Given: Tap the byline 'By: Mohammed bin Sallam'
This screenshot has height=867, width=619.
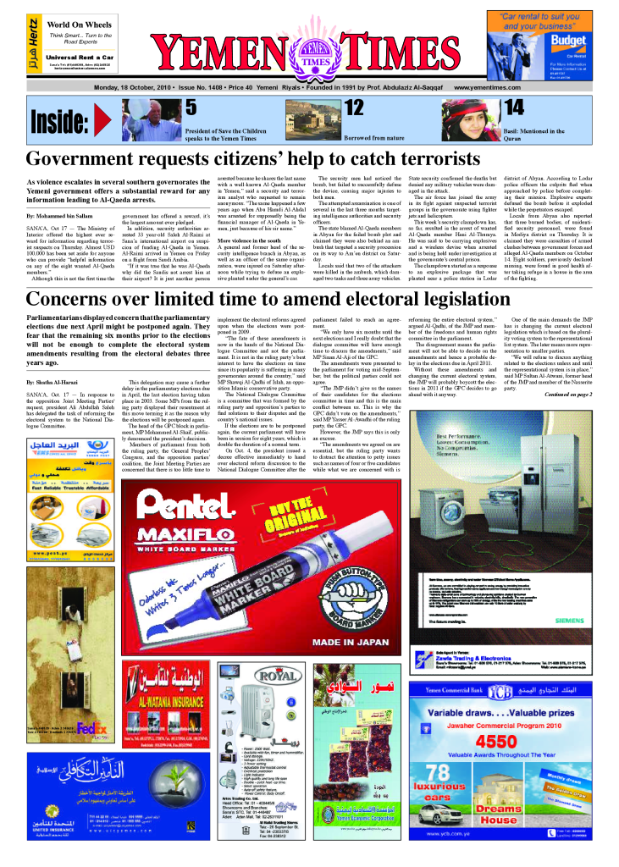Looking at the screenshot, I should click(x=61, y=218).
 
